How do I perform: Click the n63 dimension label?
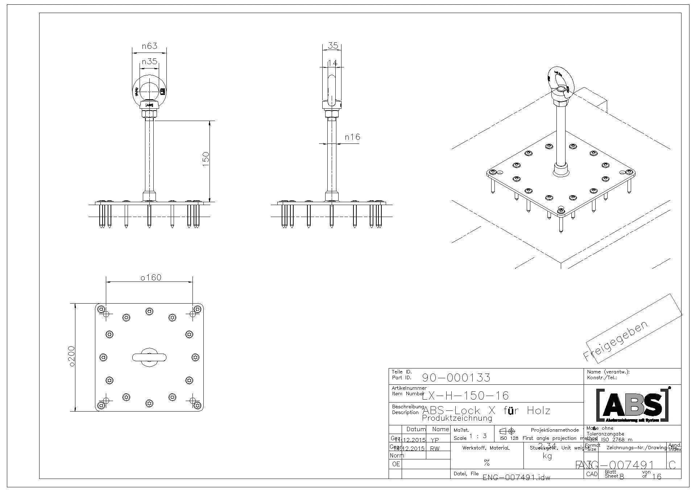click(149, 46)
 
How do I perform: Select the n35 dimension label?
click(149, 61)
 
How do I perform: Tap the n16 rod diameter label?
click(352, 137)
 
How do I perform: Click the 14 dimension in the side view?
click(332, 63)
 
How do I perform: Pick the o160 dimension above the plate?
click(150, 278)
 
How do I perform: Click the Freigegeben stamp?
click(615, 341)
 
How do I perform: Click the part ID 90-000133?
click(456, 378)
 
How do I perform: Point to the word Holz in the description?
click(538, 410)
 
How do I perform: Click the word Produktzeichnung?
click(457, 418)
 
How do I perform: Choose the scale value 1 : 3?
click(477, 436)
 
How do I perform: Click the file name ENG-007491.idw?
click(516, 478)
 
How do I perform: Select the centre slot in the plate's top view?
click(149, 358)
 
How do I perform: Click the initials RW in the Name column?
click(435, 449)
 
